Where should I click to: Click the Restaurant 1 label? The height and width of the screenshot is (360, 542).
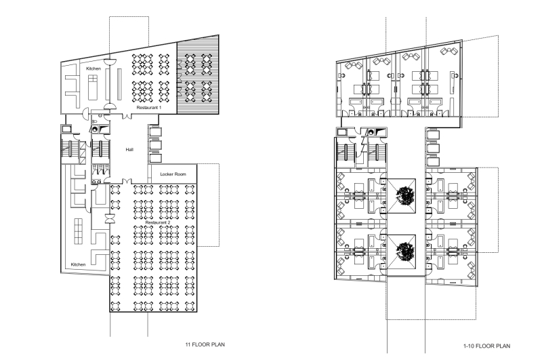pyautogui.click(x=150, y=108)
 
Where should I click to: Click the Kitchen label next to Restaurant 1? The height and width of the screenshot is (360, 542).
pyautogui.click(x=93, y=69)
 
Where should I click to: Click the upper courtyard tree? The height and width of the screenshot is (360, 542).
pyautogui.click(x=404, y=196)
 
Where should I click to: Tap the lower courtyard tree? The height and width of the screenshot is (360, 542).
pyautogui.click(x=404, y=250)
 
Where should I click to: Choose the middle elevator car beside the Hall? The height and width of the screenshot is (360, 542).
pyautogui.click(x=154, y=144)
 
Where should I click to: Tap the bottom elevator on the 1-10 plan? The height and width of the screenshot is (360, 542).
pyautogui.click(x=433, y=160)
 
